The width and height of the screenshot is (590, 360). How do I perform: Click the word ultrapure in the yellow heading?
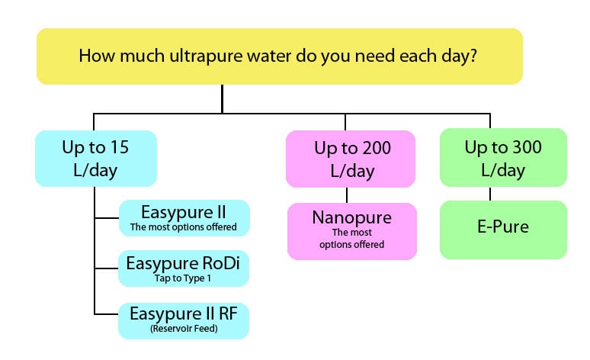point(207,56)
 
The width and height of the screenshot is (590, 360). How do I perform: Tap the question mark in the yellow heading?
point(473,55)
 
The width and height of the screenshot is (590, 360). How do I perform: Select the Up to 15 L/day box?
point(96,159)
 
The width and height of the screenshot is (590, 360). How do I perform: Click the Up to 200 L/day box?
point(351,159)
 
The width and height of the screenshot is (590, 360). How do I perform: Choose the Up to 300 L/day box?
point(503,157)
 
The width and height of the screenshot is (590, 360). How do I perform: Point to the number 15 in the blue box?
point(120,147)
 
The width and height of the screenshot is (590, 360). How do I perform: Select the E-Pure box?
point(503,230)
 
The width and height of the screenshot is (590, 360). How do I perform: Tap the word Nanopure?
point(352,217)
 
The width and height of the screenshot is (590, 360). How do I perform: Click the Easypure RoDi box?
point(184,268)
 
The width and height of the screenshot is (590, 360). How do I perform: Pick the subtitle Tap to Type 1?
point(183,278)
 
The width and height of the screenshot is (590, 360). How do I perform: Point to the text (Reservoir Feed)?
point(184,329)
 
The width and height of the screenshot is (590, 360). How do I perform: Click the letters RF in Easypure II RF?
point(229,313)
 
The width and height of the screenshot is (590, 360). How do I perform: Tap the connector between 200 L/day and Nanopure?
point(347,195)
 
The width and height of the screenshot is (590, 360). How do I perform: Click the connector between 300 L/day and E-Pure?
point(490,194)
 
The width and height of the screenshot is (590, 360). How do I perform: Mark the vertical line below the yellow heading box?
point(223,98)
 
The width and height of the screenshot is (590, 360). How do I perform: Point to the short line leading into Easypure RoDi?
point(107,268)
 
